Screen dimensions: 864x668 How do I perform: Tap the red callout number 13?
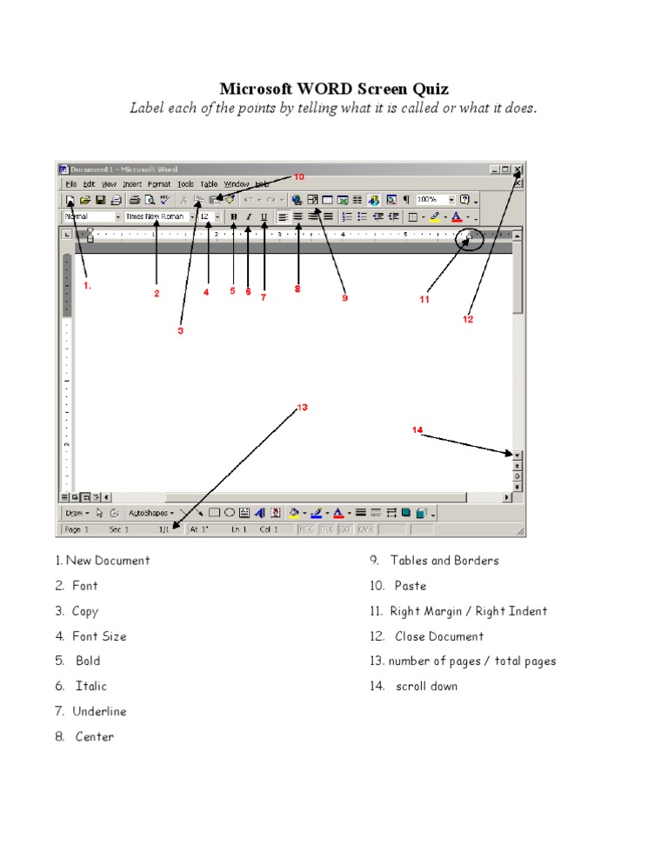coord(303,407)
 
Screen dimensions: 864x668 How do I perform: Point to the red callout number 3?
coord(181,330)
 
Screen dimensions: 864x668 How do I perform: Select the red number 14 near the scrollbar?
coord(417,429)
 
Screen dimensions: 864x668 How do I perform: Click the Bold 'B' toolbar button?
coord(233,216)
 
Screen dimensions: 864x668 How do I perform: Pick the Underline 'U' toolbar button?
coord(264,216)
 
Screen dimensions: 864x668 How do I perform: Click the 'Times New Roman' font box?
coord(154,216)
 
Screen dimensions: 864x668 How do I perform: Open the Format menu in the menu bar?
coord(159,184)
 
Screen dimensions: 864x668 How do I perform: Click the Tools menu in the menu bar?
coord(185,184)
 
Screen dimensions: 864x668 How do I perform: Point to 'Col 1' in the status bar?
coord(269,528)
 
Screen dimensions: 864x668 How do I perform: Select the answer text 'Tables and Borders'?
coord(444,561)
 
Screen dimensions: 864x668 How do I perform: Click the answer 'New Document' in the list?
coord(108,561)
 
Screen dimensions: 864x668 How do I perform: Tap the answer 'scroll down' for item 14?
coord(426,686)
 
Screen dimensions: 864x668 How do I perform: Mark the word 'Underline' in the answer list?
coord(99,711)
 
